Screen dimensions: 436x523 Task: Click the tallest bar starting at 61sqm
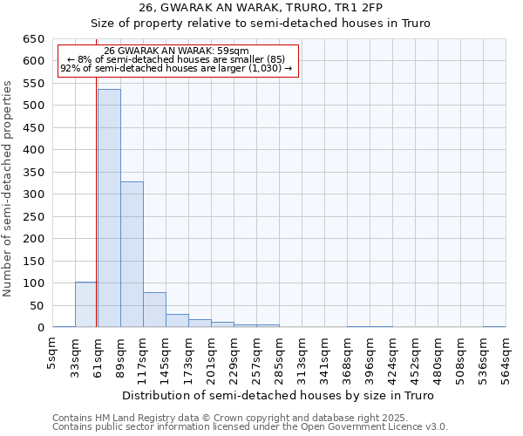pyautogui.click(x=109, y=208)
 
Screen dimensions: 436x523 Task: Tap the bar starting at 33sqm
pyautogui.click(x=86, y=304)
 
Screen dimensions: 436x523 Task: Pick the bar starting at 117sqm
pyautogui.click(x=154, y=310)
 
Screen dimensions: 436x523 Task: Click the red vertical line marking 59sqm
pyautogui.click(x=96, y=218)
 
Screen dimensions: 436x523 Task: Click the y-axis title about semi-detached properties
pyautogui.click(x=9, y=188)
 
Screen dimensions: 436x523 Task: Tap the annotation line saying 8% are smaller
pyautogui.click(x=176, y=59)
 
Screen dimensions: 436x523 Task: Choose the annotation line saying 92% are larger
pyautogui.click(x=176, y=69)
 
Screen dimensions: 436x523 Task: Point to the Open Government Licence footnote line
pyautogui.click(x=250, y=427)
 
